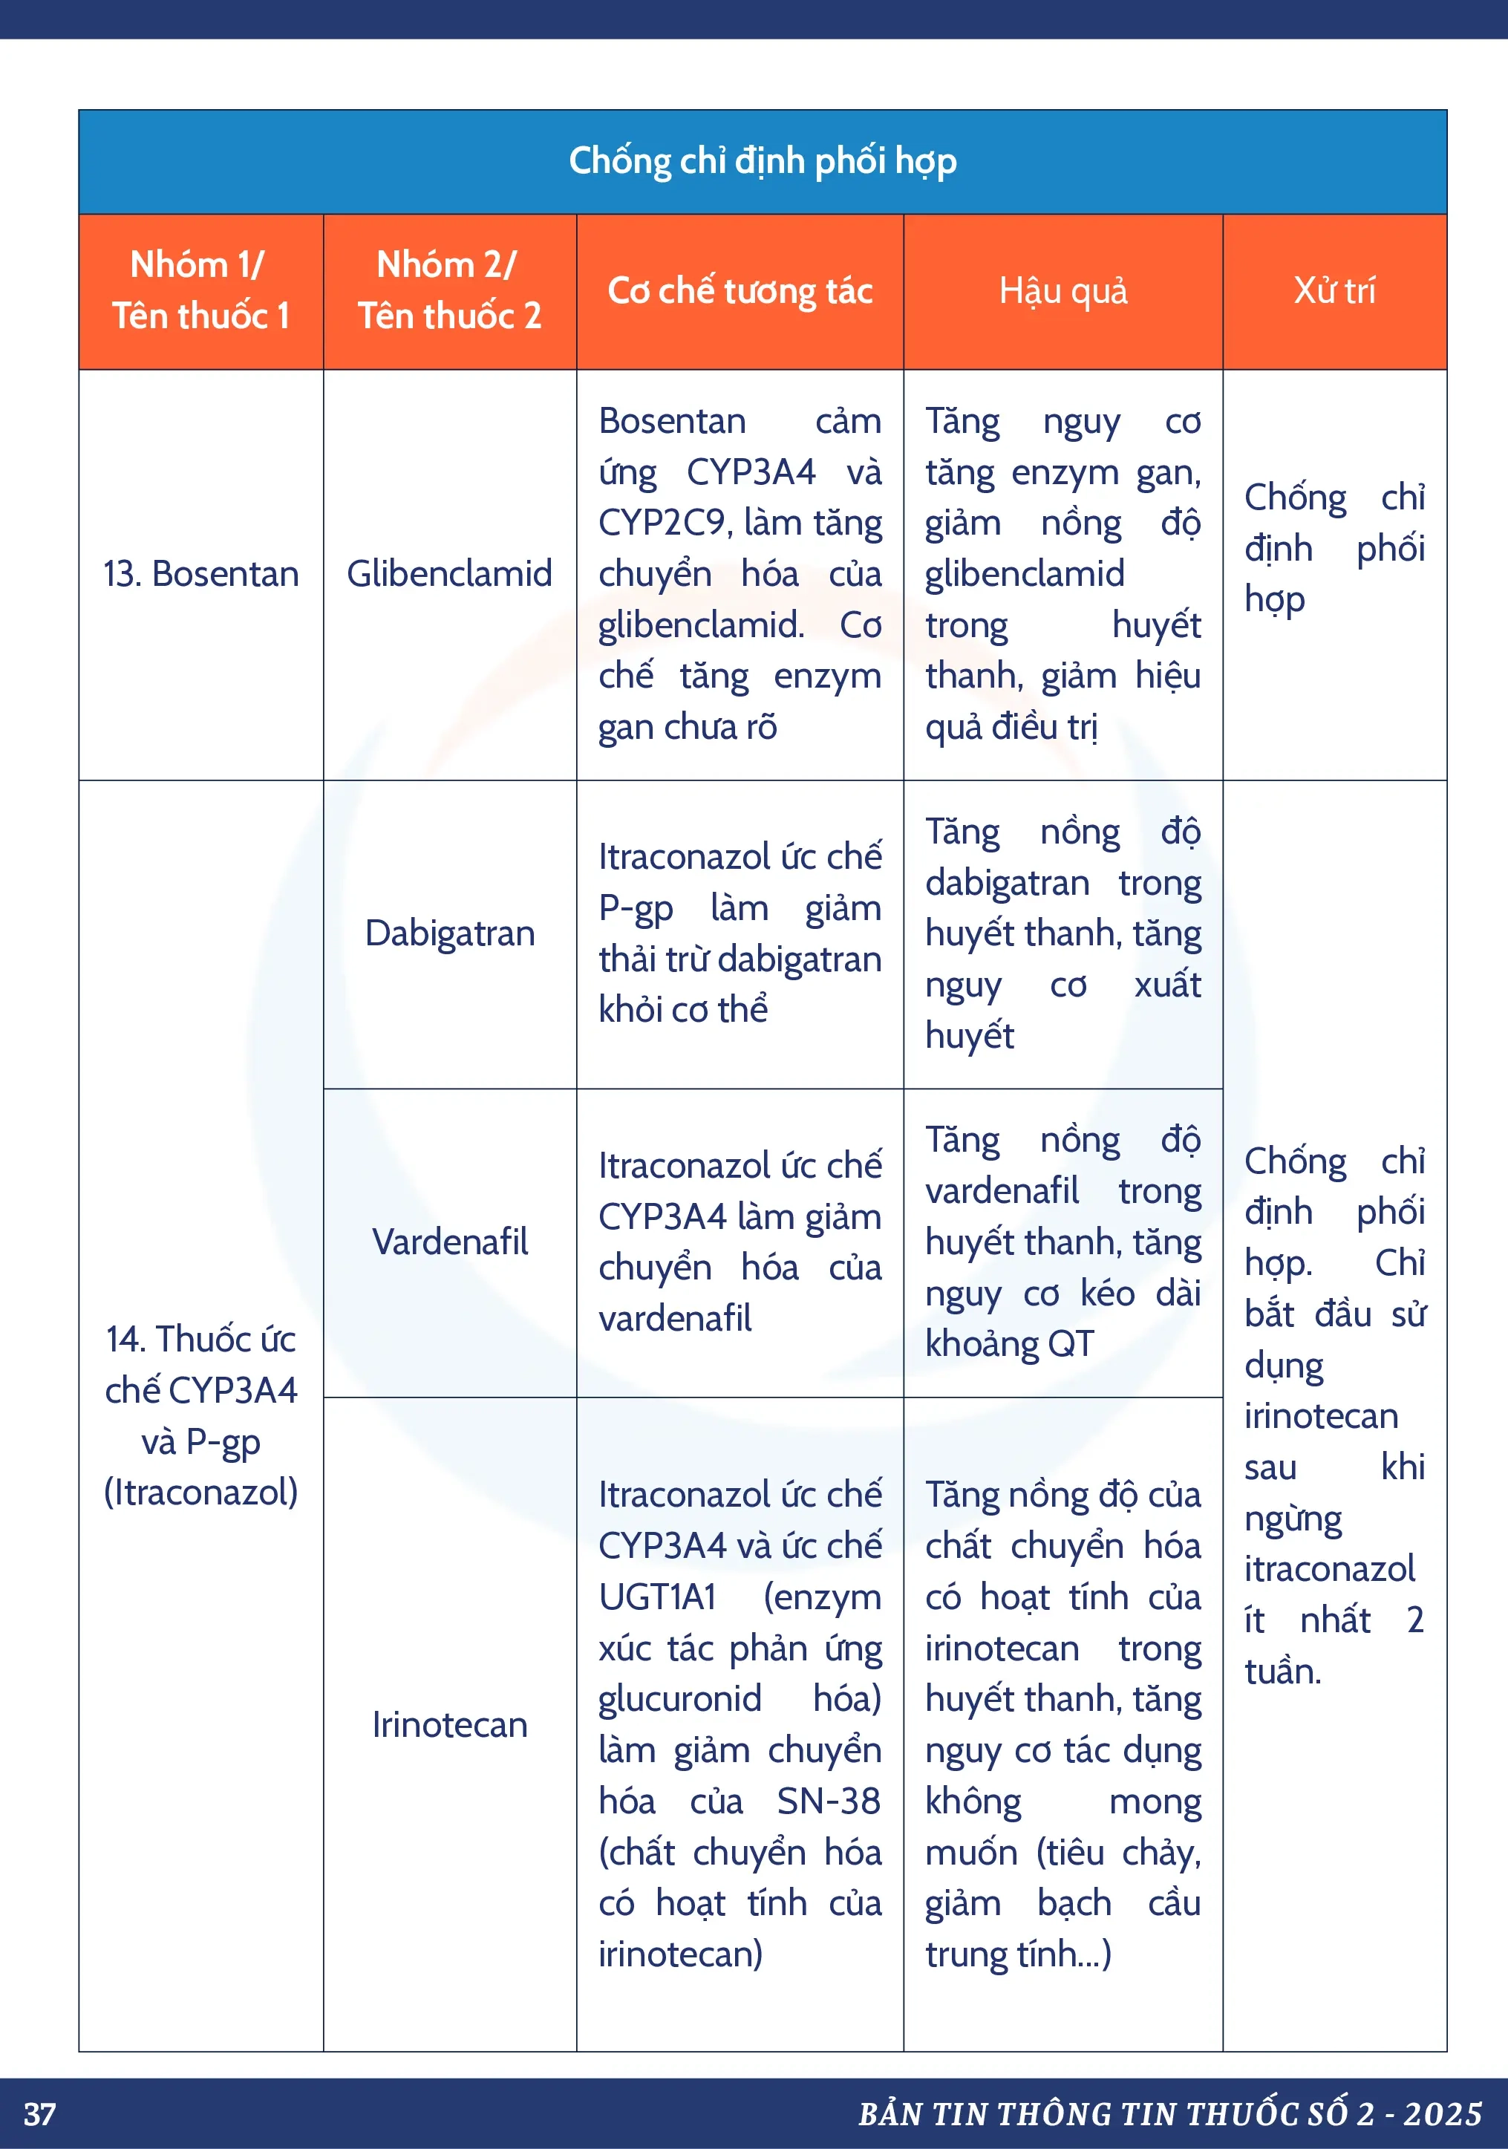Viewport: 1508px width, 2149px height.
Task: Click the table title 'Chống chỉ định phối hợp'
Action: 762,161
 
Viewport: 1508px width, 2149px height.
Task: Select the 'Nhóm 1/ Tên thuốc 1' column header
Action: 200,290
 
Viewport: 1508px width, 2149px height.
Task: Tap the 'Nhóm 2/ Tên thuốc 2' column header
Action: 449,290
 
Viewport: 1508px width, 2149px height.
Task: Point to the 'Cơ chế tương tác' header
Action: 740,291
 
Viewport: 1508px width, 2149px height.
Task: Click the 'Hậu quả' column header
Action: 1063,291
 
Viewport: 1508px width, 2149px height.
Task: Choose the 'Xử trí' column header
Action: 1334,291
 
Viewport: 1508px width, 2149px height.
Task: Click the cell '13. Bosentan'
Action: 200,574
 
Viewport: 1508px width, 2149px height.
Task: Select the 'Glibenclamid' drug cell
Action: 449,574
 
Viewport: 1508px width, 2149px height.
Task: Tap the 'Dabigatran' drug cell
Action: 449,933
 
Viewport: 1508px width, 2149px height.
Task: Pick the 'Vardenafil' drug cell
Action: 449,1242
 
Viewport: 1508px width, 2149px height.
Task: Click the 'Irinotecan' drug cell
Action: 449,1724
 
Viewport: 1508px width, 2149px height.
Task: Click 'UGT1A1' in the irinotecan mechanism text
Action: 657,1597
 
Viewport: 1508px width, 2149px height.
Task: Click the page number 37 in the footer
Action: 39,2114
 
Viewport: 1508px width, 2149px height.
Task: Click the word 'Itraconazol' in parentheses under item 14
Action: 200,1492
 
